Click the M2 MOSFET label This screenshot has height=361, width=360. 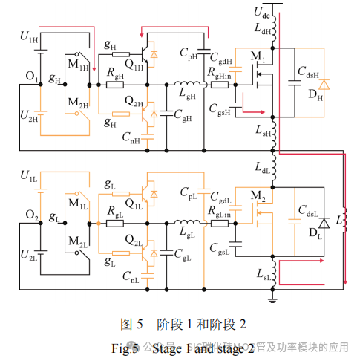258,196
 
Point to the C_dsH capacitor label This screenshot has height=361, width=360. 310,74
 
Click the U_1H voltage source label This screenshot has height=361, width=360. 29,36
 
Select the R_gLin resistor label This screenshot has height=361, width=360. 222,215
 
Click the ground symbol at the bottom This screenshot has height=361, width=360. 273,299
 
